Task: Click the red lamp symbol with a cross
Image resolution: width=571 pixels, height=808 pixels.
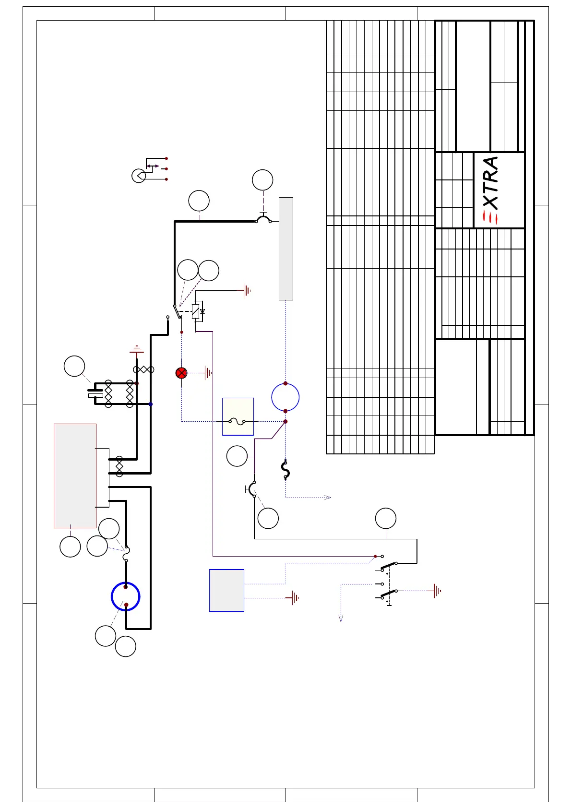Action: click(181, 373)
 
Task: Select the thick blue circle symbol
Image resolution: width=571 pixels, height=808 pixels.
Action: click(126, 596)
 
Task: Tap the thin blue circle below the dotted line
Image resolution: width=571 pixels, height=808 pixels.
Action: click(285, 397)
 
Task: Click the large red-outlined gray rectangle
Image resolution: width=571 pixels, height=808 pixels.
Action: click(75, 475)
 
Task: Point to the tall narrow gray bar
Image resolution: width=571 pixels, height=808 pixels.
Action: click(286, 249)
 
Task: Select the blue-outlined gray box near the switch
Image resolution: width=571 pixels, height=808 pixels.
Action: click(226, 591)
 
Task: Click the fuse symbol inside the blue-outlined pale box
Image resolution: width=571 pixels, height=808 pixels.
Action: click(238, 422)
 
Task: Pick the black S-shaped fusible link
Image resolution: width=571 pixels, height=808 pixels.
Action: click(285, 470)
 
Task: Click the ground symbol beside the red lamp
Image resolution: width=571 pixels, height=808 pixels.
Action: click(208, 373)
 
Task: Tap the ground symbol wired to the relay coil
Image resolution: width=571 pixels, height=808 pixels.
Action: click(247, 290)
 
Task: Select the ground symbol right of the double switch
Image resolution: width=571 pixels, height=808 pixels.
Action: click(437, 591)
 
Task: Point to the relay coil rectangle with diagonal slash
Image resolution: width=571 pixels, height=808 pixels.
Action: click(195, 311)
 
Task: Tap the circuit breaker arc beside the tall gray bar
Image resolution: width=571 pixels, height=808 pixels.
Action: click(263, 219)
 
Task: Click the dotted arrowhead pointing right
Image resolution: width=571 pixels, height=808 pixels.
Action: click(328, 497)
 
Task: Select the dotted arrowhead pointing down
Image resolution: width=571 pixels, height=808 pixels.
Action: click(341, 618)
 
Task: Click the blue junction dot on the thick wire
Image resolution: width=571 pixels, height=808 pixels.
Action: click(151, 404)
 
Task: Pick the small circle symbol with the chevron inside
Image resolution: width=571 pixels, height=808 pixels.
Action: click(139, 176)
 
